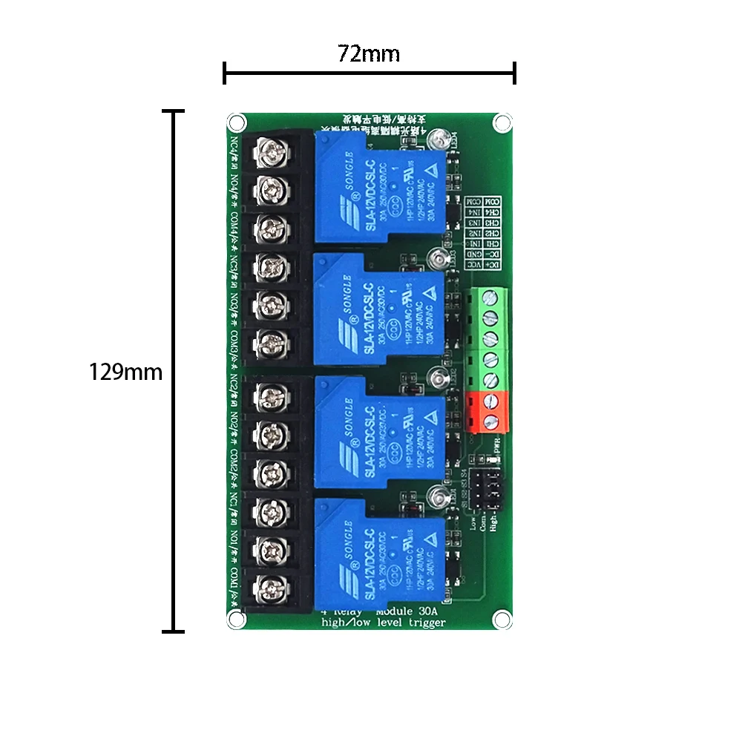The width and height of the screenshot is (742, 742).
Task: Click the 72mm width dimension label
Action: [369, 54]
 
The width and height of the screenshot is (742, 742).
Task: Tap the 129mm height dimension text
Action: [125, 372]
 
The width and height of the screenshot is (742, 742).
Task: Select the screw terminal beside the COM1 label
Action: [269, 588]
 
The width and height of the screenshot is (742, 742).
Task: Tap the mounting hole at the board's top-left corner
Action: [236, 121]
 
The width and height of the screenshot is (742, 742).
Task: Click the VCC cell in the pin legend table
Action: [490, 264]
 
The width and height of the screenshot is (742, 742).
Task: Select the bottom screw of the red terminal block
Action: [490, 421]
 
